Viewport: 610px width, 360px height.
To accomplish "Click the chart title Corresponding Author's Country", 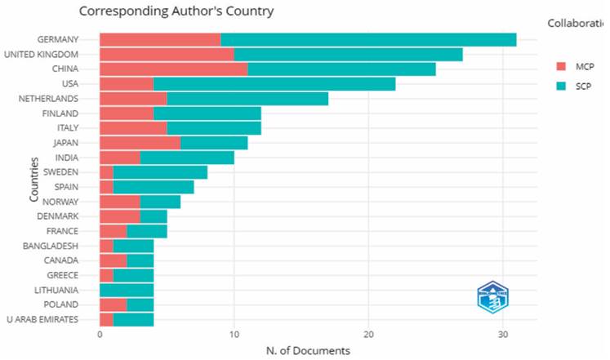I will coord(176,11).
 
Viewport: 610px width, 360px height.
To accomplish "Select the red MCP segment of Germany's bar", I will coord(159,39).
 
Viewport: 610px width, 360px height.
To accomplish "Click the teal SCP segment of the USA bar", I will coord(274,84).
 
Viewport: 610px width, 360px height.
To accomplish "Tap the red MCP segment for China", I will coord(173,69).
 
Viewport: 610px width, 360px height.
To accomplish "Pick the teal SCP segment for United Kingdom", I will coord(348,55).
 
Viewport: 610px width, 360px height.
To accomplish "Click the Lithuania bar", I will coord(127,289).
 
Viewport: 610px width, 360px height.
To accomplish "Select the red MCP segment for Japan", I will coord(140,143).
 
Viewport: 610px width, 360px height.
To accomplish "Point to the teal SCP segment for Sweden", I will coord(160,172).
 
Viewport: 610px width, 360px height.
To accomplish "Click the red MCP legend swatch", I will coord(561,65).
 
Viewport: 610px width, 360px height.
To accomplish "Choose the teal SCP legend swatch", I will coord(561,84).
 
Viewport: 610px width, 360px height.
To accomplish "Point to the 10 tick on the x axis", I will coord(234,334).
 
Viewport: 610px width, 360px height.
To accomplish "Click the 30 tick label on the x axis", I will coord(503,334).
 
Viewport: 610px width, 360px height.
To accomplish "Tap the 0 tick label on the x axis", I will coord(100,334).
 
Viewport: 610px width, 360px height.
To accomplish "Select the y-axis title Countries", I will coord(34,179).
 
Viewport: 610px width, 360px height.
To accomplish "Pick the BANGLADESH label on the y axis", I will coord(51,245).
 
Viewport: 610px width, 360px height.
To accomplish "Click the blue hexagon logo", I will coord(492,298).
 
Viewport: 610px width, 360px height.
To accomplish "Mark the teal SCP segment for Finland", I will coord(207,113).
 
